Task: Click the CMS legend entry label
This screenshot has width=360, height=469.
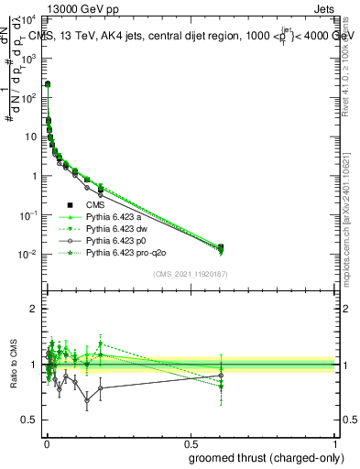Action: [x=96, y=204]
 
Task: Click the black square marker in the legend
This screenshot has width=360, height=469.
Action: [x=70, y=204]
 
